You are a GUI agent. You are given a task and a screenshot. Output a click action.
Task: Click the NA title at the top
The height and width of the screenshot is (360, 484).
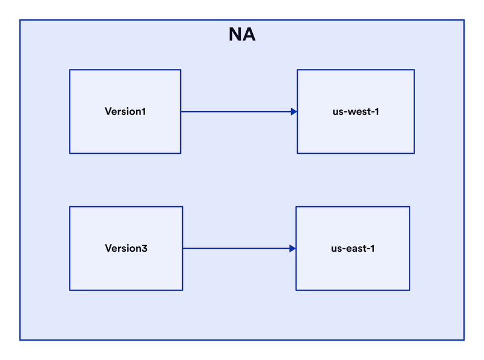(242, 34)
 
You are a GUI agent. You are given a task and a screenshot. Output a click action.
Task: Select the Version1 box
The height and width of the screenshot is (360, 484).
(125, 111)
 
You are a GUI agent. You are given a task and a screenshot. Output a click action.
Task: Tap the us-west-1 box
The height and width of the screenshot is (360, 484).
(356, 111)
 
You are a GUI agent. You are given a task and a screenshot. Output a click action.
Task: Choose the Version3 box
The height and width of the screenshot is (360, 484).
(126, 248)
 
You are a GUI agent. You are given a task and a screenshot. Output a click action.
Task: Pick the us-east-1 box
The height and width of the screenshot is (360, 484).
(353, 248)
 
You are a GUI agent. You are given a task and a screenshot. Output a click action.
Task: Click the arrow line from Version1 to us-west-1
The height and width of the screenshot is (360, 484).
(239, 111)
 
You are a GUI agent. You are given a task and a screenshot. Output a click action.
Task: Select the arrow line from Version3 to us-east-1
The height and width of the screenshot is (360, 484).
(239, 248)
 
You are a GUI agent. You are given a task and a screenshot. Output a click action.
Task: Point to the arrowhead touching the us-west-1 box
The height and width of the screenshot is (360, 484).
(294, 111)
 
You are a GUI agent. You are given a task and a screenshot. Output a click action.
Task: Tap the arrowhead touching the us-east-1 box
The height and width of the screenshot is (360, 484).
(293, 248)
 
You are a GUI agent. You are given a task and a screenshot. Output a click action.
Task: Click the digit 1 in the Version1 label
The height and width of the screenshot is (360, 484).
(143, 111)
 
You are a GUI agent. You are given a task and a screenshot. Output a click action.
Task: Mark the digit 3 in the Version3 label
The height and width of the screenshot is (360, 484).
(145, 248)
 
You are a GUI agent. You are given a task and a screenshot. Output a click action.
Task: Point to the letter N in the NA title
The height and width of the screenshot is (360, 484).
(235, 34)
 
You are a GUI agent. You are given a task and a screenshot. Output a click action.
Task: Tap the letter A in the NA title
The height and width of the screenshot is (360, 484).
(249, 34)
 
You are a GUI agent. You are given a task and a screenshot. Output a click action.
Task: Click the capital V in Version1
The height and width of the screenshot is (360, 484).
(108, 111)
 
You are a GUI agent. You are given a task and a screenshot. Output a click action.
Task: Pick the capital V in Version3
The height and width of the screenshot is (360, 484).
(108, 248)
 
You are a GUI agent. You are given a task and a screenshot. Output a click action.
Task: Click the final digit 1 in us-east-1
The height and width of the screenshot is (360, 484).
(373, 248)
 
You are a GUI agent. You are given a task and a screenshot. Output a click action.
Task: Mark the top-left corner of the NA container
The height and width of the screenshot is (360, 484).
(20, 20)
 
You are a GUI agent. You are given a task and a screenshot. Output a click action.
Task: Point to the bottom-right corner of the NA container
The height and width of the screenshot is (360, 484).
(464, 340)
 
